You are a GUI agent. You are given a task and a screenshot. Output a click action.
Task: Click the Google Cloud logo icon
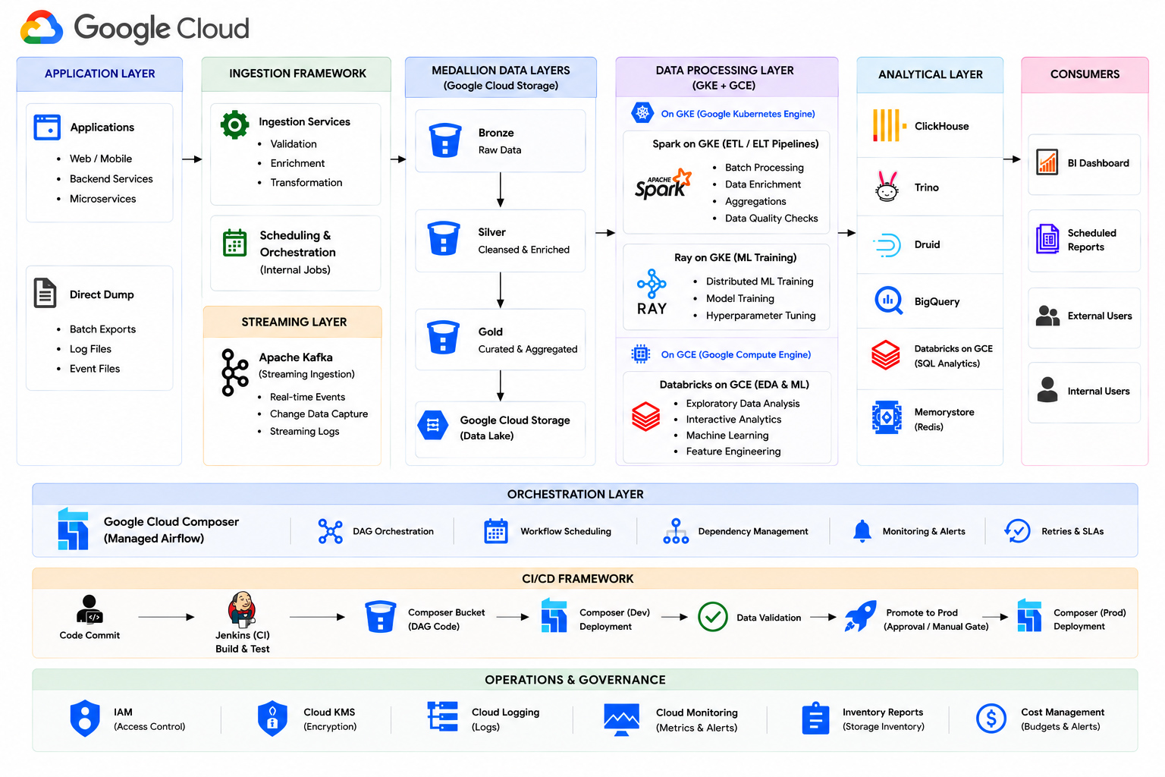click(x=42, y=27)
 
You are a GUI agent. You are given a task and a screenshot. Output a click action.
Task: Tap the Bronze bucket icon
click(x=444, y=140)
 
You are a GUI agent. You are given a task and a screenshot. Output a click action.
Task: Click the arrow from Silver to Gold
click(x=501, y=290)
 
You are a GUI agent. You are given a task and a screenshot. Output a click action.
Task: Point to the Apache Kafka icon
click(x=234, y=373)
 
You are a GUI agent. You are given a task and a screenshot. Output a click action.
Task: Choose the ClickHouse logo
click(x=890, y=125)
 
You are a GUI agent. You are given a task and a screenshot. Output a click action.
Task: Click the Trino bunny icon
click(x=887, y=187)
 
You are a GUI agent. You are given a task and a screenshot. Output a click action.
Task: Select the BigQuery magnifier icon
click(x=888, y=300)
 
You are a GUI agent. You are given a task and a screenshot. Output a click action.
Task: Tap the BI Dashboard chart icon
click(x=1047, y=162)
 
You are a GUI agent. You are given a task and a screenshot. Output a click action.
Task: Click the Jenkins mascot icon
click(x=242, y=609)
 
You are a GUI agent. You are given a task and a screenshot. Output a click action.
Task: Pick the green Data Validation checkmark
click(x=712, y=617)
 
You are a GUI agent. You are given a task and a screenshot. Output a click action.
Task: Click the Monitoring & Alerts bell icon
click(x=862, y=531)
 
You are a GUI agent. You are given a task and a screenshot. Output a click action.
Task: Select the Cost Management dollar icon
click(x=991, y=719)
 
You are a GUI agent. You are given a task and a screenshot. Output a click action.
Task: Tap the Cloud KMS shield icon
click(x=272, y=718)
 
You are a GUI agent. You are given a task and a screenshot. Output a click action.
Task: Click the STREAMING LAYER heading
click(x=294, y=322)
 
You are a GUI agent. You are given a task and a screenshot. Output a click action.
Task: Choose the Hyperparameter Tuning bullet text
click(x=761, y=316)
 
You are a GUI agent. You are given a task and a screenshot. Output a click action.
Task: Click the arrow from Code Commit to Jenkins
click(x=166, y=617)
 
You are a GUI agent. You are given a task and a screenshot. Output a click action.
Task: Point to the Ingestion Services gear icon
click(x=234, y=125)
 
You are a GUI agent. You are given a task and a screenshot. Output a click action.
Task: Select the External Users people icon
click(x=1047, y=316)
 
